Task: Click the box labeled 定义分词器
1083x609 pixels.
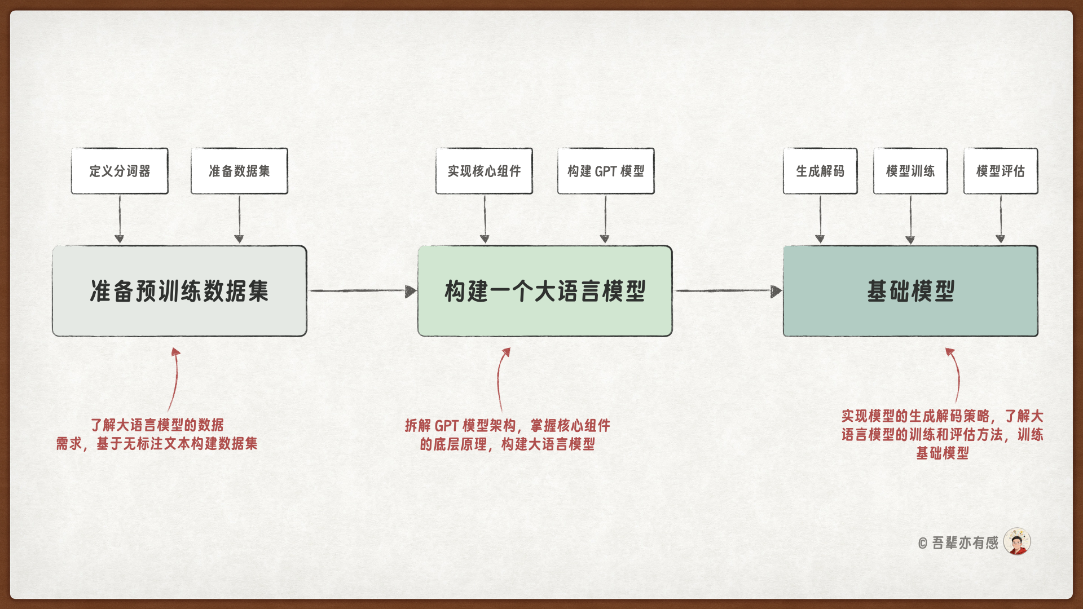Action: [120, 171]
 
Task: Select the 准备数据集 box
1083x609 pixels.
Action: [239, 171]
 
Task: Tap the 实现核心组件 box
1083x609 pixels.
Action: [484, 171]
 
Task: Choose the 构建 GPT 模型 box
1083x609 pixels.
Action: [606, 171]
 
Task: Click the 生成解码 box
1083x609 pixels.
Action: [820, 171]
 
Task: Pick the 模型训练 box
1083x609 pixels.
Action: [910, 171]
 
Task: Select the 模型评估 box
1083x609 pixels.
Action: [1001, 171]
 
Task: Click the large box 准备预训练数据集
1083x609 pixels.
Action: [179, 291]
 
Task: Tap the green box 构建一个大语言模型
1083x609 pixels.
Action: [545, 291]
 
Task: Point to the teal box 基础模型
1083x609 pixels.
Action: [910, 291]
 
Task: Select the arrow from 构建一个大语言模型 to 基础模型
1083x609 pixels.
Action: [728, 291]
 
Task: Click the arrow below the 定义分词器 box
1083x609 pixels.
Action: [120, 219]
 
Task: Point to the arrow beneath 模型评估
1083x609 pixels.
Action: [1001, 219]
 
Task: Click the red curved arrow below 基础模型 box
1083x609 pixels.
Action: [956, 374]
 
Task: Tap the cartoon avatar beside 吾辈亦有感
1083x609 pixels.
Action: [1017, 542]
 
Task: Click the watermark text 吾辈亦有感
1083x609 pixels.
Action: [965, 543]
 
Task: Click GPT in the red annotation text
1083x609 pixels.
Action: [446, 426]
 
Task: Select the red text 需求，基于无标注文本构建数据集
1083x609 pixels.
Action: [157, 444]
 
